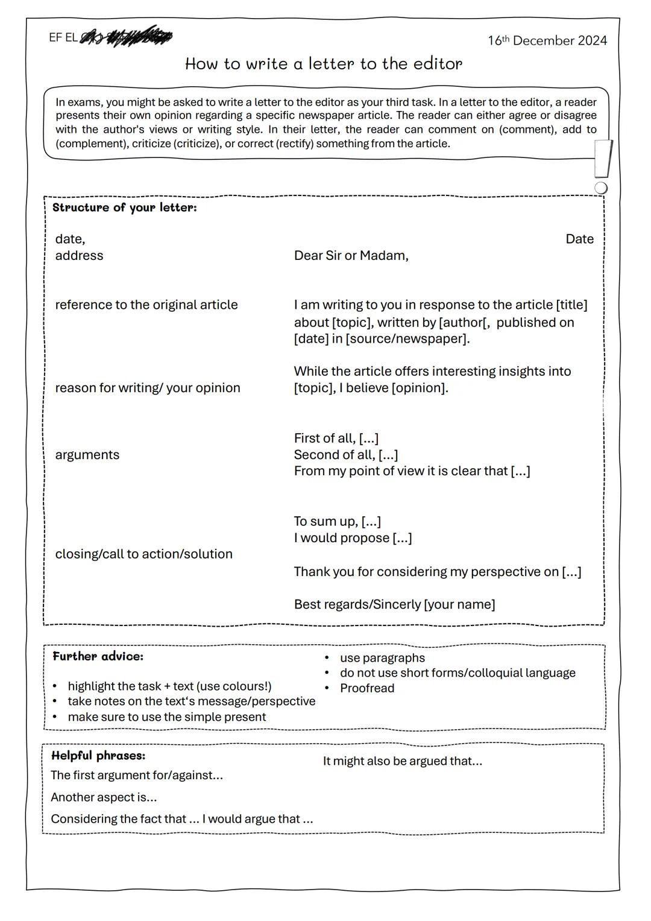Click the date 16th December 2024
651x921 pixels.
[547, 41]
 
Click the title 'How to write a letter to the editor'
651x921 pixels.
[324, 64]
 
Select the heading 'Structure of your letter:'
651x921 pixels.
[125, 207]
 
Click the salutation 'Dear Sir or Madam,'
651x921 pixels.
[351, 256]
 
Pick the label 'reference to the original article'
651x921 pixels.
[146, 305]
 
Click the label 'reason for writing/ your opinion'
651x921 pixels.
[148, 388]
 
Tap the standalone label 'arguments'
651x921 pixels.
[87, 455]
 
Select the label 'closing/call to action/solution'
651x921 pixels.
[143, 554]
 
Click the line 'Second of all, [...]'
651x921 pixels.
[346, 455]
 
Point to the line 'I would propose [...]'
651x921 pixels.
[353, 538]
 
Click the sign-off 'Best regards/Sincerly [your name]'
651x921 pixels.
[394, 604]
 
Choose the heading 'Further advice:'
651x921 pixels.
[98, 656]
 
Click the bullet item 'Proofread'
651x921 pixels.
[367, 688]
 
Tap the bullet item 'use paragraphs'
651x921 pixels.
[382, 658]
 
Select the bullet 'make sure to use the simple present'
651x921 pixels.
[167, 717]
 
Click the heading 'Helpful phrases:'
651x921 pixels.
[98, 756]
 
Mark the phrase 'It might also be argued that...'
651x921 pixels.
[403, 761]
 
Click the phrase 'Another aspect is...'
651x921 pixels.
[104, 797]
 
